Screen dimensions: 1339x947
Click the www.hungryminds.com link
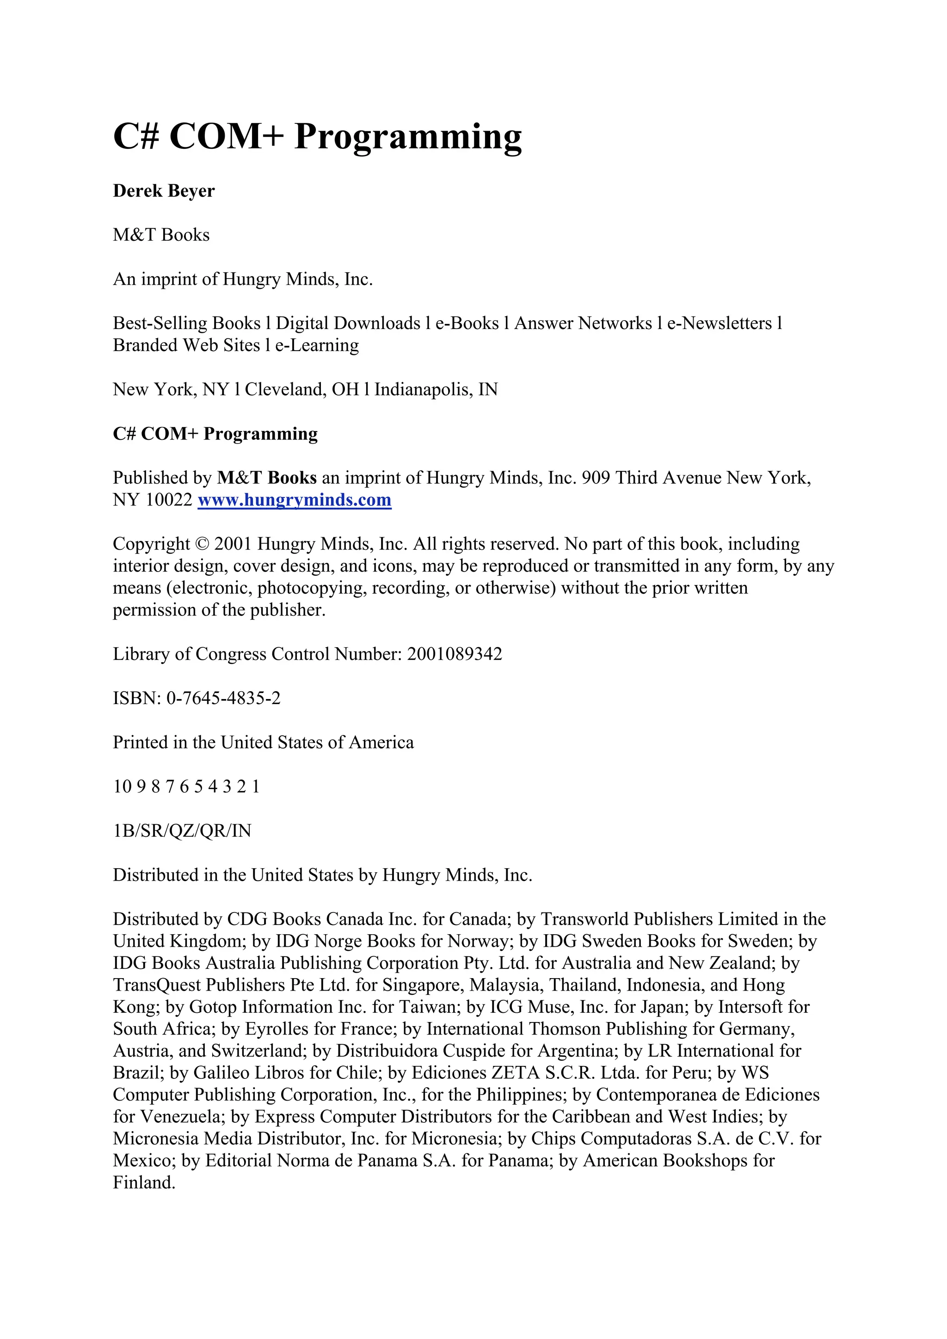pyautogui.click(x=294, y=500)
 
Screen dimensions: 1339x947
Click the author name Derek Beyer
pyautogui.click(x=164, y=191)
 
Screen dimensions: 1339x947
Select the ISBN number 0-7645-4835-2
pyautogui.click(x=223, y=698)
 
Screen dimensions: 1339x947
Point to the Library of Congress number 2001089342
pyautogui.click(x=455, y=654)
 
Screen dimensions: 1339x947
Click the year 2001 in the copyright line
pyautogui.click(x=233, y=544)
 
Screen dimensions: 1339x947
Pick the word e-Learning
pyautogui.click(x=317, y=345)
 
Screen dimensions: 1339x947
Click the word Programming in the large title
pyautogui.click(x=408, y=138)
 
